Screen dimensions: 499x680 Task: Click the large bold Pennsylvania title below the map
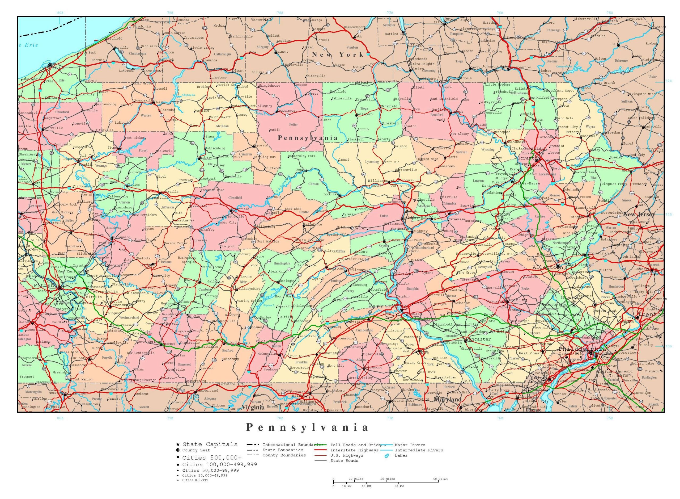pos(307,427)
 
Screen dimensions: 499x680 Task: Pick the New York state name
pos(338,55)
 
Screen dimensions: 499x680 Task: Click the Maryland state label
pos(448,399)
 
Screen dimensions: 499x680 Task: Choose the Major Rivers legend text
pos(410,445)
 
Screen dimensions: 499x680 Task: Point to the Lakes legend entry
pos(401,455)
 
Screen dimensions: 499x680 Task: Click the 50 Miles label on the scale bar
pos(440,479)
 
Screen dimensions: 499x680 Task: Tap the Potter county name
pos(293,124)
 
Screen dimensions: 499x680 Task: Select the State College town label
pos(309,240)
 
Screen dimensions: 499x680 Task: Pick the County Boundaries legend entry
pos(284,455)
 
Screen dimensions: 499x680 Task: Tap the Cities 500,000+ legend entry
pos(212,458)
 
